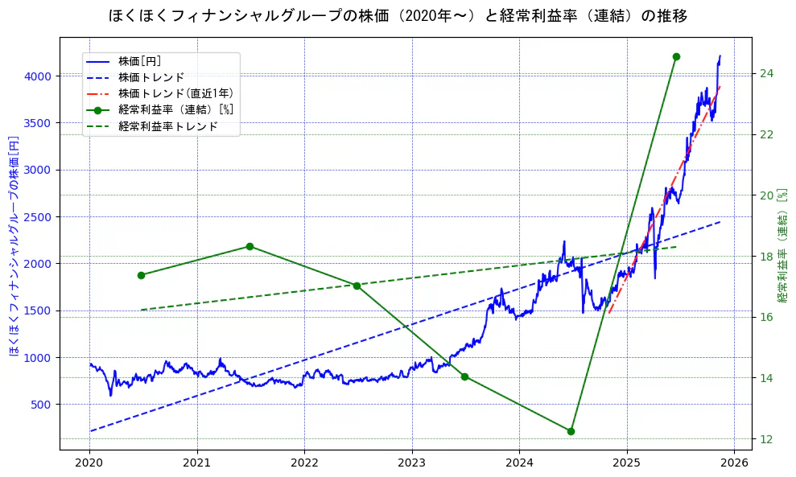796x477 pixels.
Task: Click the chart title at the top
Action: [398, 15]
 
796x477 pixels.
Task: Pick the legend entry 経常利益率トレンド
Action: [168, 126]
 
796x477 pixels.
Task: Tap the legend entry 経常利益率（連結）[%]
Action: [176, 109]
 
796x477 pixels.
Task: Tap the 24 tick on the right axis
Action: [767, 74]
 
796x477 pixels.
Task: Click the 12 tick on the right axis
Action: [767, 439]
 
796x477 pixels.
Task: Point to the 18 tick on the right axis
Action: [767, 257]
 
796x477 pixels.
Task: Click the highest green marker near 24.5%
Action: [676, 56]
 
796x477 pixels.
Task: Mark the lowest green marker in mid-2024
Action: [571, 431]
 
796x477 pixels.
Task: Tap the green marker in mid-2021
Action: [250, 246]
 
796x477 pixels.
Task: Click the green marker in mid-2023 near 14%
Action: [464, 376]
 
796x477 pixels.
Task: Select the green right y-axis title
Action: [782, 246]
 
